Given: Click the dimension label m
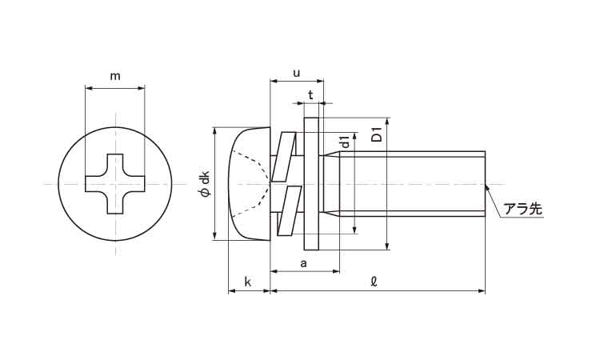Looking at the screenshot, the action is (115, 77).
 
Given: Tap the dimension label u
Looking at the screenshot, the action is (297, 73).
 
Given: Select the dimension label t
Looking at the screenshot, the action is (310, 94).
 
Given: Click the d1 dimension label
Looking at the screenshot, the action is (346, 142).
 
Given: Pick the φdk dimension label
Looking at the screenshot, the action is (206, 184).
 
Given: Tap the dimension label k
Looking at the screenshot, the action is (247, 282).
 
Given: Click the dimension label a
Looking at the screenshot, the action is (304, 263).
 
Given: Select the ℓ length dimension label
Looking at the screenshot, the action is (374, 282).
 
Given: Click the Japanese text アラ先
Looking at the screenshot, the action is (522, 209).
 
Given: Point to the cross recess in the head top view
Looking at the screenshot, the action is (114, 184).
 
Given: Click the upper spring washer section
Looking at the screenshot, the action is (283, 157).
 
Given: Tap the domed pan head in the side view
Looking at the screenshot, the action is (250, 184).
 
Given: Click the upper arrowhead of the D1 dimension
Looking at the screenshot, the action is (387, 122).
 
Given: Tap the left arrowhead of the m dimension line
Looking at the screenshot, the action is (89, 88).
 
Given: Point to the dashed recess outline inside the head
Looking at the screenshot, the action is (253, 184).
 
